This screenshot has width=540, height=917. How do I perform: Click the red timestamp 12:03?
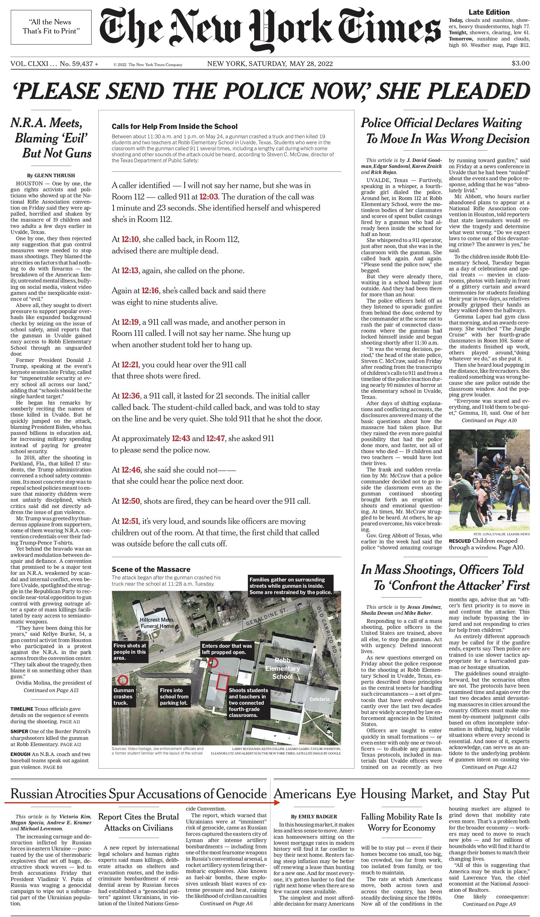tap(209, 197)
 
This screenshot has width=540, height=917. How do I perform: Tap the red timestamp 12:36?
tap(130, 396)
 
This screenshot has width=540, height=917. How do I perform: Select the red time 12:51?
tap(130, 521)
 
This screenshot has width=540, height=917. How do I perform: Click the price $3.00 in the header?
tap(520, 63)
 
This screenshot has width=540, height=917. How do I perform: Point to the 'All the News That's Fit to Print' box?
tap(51, 27)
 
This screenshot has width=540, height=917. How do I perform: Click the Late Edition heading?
tap(489, 12)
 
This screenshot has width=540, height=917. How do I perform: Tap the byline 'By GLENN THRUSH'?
tap(51, 175)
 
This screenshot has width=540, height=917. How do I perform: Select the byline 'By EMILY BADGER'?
tap(314, 817)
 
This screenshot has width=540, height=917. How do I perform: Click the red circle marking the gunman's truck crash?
tap(123, 679)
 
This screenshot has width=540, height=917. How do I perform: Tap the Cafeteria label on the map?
tap(319, 699)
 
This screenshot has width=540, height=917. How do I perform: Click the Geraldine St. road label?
tap(267, 617)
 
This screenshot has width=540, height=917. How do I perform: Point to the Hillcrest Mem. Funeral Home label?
tap(157, 623)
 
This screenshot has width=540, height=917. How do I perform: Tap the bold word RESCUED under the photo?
tap(460, 541)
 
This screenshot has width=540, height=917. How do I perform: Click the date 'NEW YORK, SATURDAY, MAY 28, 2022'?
tap(270, 64)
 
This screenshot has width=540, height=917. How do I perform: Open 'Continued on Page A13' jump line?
tap(51, 690)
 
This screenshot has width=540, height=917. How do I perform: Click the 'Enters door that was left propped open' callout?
tap(227, 649)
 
